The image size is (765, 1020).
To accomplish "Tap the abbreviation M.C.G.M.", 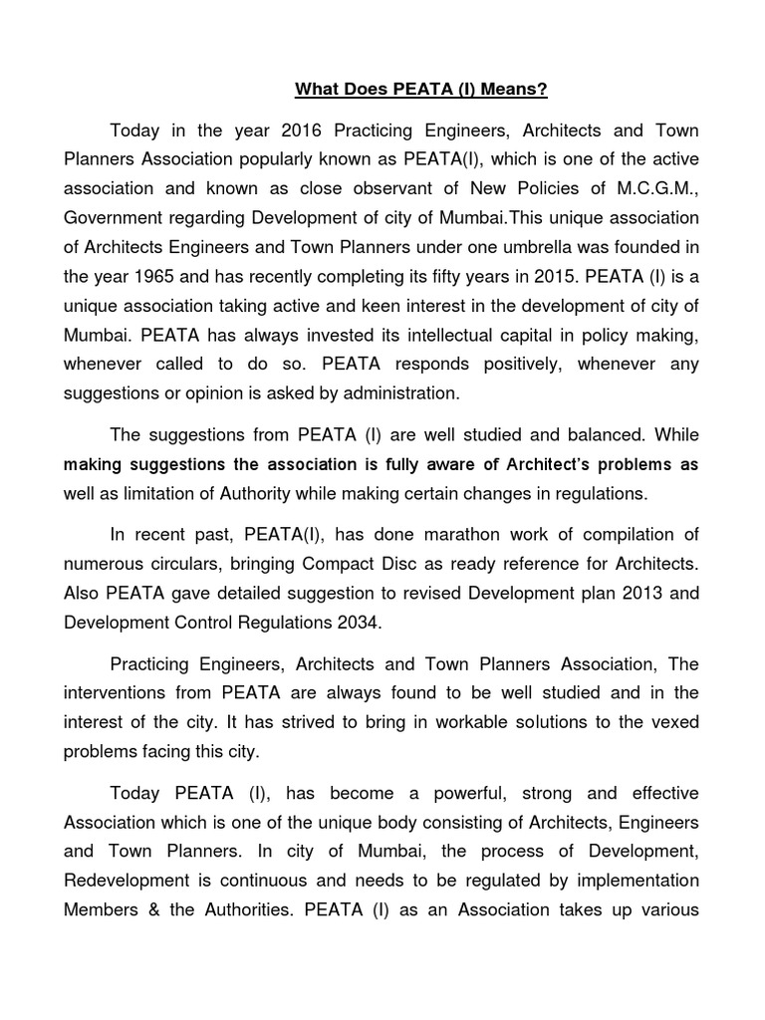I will point(658,188).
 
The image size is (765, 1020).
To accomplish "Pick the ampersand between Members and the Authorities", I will point(150,909).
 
